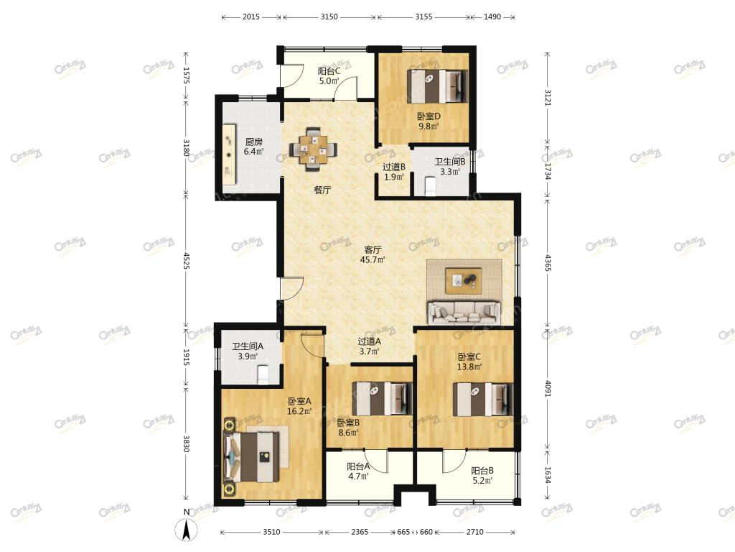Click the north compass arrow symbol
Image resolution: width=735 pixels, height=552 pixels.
(186, 530)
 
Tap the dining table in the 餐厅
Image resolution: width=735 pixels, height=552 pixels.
(314, 149)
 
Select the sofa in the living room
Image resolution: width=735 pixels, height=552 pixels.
(464, 312)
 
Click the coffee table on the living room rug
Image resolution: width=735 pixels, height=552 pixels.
(464, 280)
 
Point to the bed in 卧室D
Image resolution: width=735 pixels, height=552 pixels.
(437, 86)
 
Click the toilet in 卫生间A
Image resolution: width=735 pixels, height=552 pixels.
(263, 374)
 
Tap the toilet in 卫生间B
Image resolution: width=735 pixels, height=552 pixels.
(430, 185)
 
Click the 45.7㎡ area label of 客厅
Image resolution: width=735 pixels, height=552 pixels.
(373, 259)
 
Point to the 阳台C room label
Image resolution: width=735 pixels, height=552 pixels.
(329, 71)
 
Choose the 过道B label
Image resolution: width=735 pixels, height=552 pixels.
(394, 167)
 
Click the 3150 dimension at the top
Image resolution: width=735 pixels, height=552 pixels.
(329, 17)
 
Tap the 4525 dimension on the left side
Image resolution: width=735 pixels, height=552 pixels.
(186, 261)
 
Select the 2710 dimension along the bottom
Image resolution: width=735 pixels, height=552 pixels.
(475, 532)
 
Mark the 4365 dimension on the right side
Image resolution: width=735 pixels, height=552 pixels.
(548, 263)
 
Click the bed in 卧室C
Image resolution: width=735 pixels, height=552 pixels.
(483, 399)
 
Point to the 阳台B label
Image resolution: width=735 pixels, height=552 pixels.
(482, 470)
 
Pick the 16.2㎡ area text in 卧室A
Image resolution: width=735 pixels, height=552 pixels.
(299, 411)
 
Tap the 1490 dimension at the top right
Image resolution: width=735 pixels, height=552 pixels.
(492, 17)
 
